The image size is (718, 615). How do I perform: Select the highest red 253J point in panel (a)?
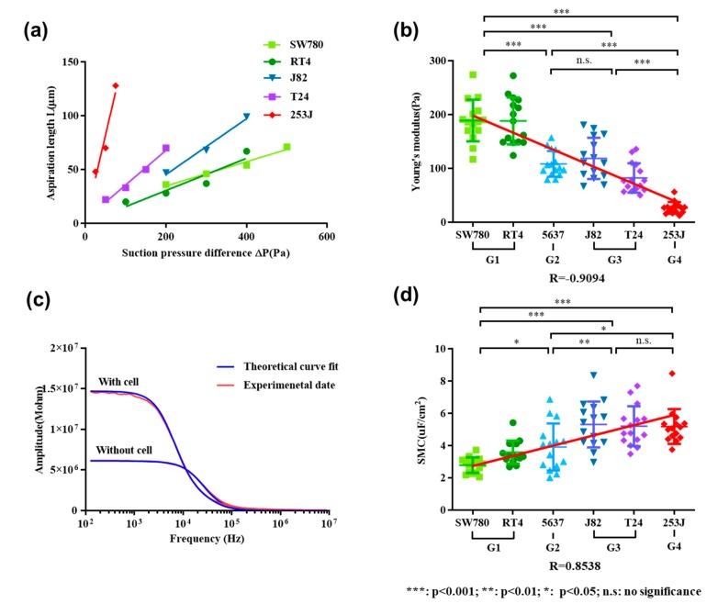116,85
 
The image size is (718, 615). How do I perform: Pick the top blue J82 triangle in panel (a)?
246,117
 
